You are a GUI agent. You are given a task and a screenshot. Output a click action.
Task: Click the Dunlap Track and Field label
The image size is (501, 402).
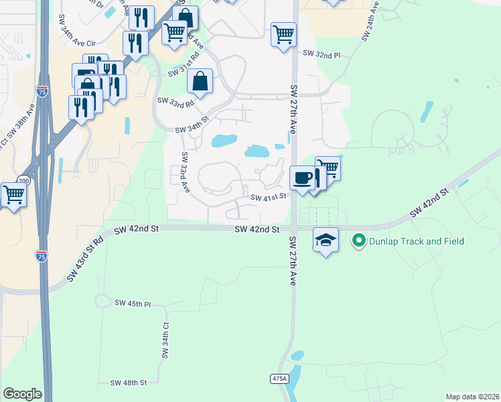click(x=416, y=241)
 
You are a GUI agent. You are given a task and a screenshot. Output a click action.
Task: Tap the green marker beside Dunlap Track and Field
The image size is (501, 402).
click(x=358, y=241)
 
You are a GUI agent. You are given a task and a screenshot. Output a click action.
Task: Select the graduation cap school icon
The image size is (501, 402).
click(x=326, y=240)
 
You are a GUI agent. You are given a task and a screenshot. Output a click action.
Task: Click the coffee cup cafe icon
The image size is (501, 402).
click(x=301, y=178)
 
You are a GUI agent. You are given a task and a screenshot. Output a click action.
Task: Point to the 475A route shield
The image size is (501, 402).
click(x=279, y=379)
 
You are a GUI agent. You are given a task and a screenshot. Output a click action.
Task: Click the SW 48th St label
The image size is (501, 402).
click(x=128, y=383)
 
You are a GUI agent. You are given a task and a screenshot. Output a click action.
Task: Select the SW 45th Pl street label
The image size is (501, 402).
click(x=133, y=304)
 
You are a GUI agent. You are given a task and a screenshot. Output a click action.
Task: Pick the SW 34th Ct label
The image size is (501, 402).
click(x=164, y=340)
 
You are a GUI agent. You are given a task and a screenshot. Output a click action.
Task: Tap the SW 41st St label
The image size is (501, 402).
click(x=269, y=197)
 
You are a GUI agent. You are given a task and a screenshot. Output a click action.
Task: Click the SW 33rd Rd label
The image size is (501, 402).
click(x=175, y=101)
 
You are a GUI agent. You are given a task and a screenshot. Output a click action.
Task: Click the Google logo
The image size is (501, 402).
click(x=22, y=394)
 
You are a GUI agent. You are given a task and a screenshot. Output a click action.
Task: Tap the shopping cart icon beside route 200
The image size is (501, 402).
click(x=13, y=195)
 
